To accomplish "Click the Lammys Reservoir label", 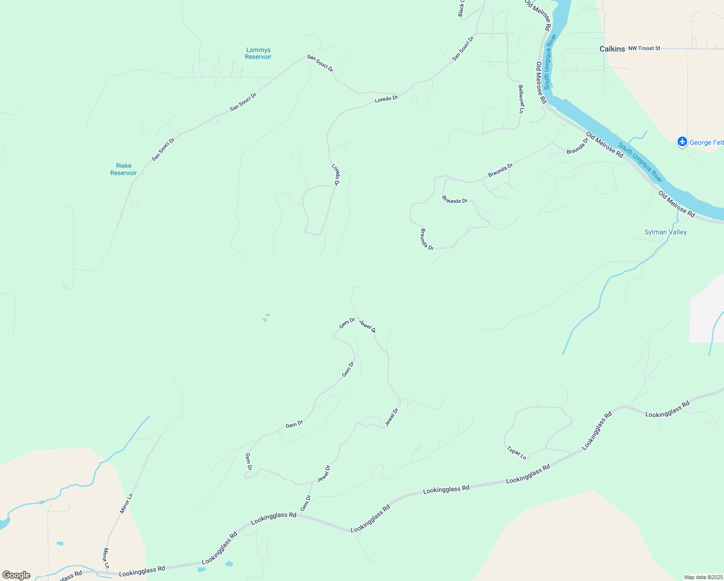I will tap(258, 53).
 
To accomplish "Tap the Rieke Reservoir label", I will tap(123, 169).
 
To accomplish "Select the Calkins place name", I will tap(612, 49).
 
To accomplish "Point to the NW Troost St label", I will tap(644, 48).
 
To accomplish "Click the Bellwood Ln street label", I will tap(521, 99).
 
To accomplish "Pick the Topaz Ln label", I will tap(516, 453).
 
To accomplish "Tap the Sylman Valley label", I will tap(665, 232).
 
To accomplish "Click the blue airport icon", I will tap(682, 142).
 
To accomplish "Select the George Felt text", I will tap(707, 142).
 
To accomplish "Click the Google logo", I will tap(16, 575).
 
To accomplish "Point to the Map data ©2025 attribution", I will tap(703, 577).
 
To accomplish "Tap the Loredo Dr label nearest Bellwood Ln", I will tap(386, 99).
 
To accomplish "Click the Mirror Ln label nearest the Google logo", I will tap(106, 558).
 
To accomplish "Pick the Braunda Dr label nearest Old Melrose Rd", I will tap(577, 146).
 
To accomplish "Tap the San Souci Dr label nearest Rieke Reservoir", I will tap(163, 149).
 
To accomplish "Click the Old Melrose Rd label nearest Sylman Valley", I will tap(677, 204).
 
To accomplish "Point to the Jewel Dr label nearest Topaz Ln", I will tap(392, 417).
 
